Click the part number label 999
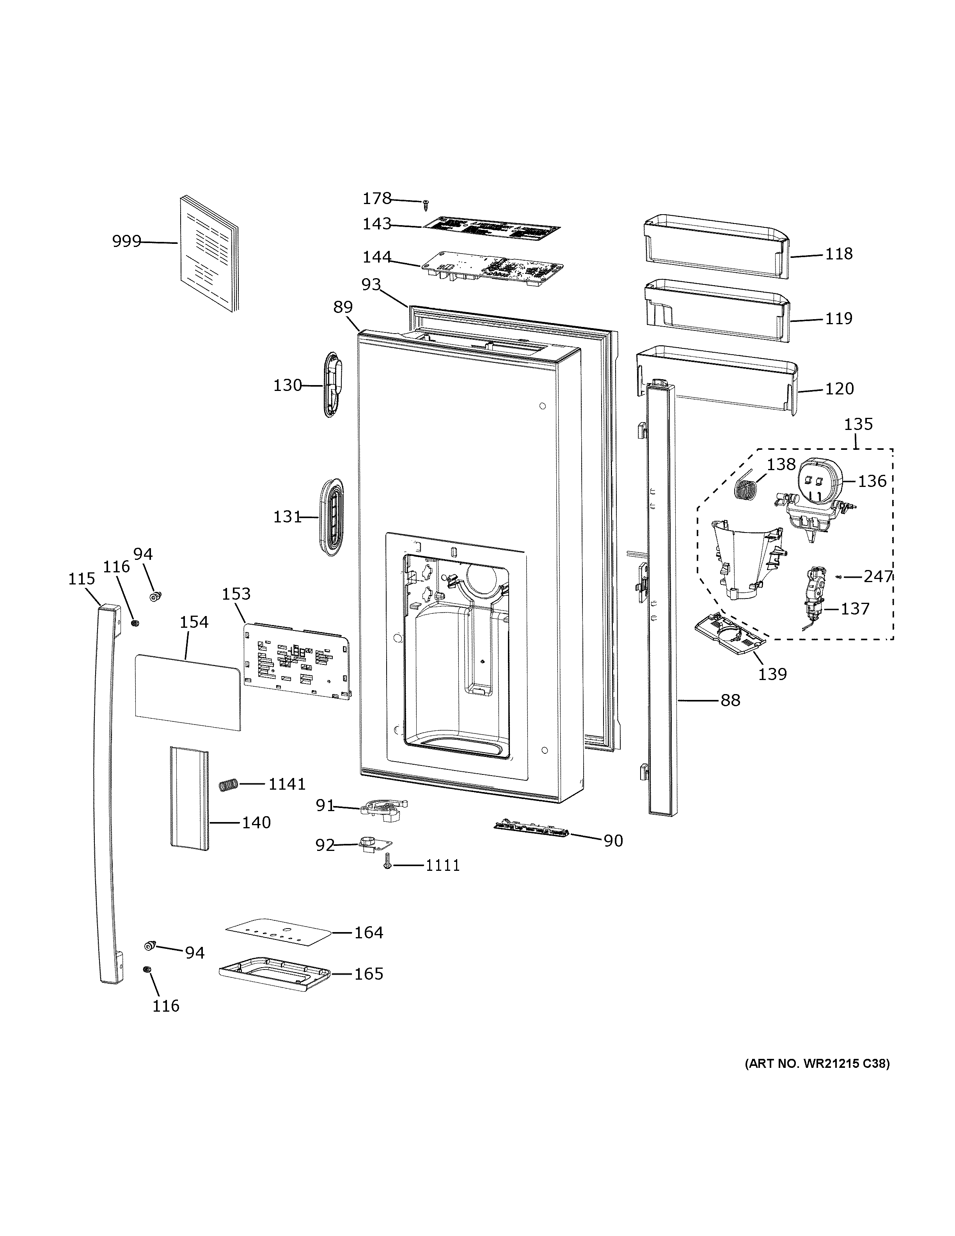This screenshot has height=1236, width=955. (126, 242)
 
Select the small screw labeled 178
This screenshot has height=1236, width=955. (426, 204)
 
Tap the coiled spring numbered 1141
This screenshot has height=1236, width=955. (227, 785)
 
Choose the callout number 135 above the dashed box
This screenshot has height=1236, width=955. (858, 424)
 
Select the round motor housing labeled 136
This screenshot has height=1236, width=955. (819, 480)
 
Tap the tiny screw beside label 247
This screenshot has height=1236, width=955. (839, 577)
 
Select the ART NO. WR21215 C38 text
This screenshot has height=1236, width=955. (817, 1064)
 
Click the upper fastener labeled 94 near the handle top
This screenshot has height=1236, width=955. (155, 595)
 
